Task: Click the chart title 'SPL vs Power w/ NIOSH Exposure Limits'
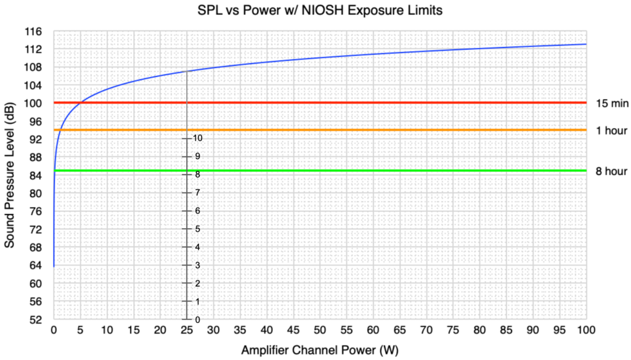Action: [x=320, y=10]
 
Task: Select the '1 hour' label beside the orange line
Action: [x=611, y=130]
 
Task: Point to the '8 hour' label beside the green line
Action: [x=611, y=171]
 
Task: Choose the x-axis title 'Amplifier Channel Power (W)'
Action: [x=320, y=350]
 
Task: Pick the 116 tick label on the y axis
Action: [x=33, y=31]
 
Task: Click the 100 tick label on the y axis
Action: [x=33, y=103]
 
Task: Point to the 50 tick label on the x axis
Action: [x=320, y=330]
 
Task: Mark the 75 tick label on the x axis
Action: [x=453, y=330]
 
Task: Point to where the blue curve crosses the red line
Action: [x=81, y=103]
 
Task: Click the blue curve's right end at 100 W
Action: [x=585, y=44]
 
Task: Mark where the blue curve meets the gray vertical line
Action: [x=187, y=71]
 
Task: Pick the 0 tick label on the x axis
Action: [x=54, y=330]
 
